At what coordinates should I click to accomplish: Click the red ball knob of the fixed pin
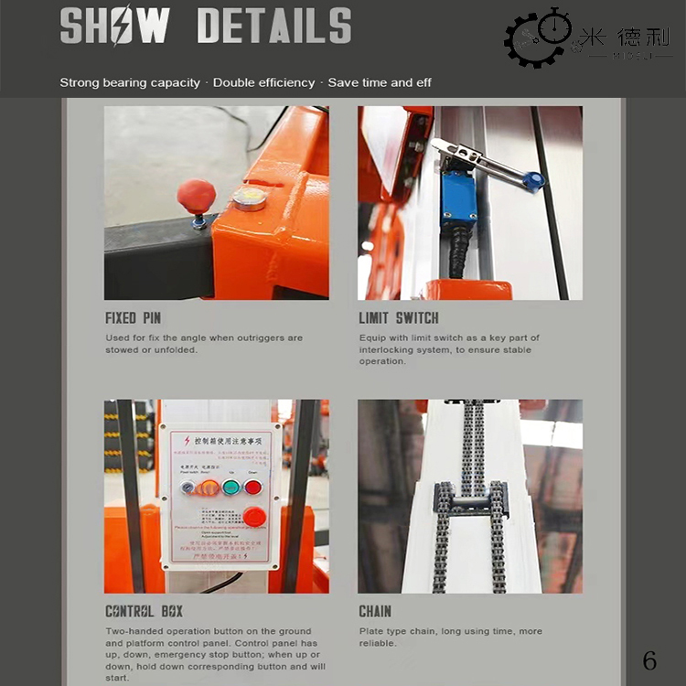pos(196,196)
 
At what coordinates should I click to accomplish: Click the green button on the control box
pos(231,487)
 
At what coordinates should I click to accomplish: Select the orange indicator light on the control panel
pos(209,487)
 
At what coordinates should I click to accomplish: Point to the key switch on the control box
pos(188,488)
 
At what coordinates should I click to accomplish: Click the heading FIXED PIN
pos(133,318)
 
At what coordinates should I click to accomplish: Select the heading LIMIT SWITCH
pos(399,318)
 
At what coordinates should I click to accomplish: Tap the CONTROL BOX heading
pos(144,611)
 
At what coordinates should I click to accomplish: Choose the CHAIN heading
pos(375,611)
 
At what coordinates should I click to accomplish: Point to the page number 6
pos(649,660)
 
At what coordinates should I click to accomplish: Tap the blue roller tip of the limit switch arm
pos(534,180)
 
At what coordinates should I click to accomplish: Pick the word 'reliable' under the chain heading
pos(378,643)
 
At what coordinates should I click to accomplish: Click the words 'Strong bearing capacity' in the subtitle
pos(130,82)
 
